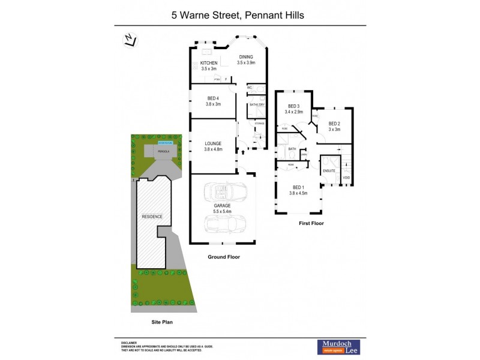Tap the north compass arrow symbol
128,40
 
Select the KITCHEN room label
209,63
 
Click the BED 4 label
214,98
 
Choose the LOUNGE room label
214,143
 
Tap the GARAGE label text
223,206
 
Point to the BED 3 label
293,106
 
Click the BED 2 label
334,124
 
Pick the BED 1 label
298,187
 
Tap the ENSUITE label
329,171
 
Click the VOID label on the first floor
346,178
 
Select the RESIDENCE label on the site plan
152,217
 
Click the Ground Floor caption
224,257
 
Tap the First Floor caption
311,223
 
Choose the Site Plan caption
161,322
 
